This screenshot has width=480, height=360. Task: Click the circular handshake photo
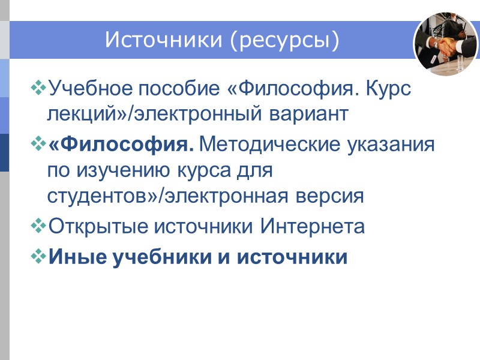445,44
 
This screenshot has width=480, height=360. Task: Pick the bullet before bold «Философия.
40,144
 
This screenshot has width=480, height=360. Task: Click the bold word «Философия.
121,145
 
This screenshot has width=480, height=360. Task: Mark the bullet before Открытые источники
40,226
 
